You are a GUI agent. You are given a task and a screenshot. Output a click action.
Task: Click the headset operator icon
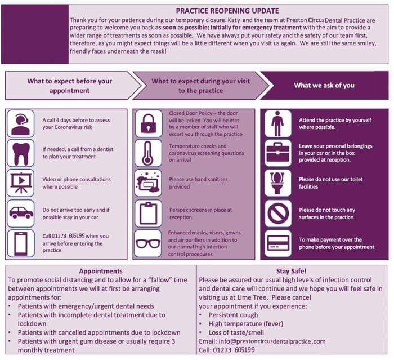[21, 125]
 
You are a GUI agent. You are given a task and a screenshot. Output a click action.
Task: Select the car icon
[21, 212]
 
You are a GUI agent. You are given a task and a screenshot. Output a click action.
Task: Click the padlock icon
[149, 123]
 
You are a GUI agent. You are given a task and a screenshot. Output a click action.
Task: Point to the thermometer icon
[147, 153]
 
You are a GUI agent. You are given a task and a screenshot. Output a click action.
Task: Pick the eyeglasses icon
[148, 243]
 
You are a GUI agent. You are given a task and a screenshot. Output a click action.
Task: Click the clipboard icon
[148, 213]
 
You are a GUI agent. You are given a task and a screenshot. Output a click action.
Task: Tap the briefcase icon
[278, 152]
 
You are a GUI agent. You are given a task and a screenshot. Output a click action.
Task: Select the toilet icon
[277, 183]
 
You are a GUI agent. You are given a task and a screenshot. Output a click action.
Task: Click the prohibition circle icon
[278, 214]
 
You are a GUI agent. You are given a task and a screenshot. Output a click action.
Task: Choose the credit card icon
[278, 243]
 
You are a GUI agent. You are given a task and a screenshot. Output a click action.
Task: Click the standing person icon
[277, 123]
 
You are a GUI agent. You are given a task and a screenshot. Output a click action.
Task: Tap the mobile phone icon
[21, 243]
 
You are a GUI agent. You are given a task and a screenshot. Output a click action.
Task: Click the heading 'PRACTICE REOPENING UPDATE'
[227, 11]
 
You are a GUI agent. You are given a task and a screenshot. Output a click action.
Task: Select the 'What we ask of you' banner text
[324, 85]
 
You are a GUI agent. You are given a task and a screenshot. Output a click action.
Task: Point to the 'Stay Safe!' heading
[291, 271]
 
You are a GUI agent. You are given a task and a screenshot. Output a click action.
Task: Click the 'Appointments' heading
[101, 271]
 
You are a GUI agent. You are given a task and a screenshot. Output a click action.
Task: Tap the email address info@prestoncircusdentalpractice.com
[272, 341]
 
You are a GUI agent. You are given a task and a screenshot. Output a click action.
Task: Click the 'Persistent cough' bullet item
[233, 315]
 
